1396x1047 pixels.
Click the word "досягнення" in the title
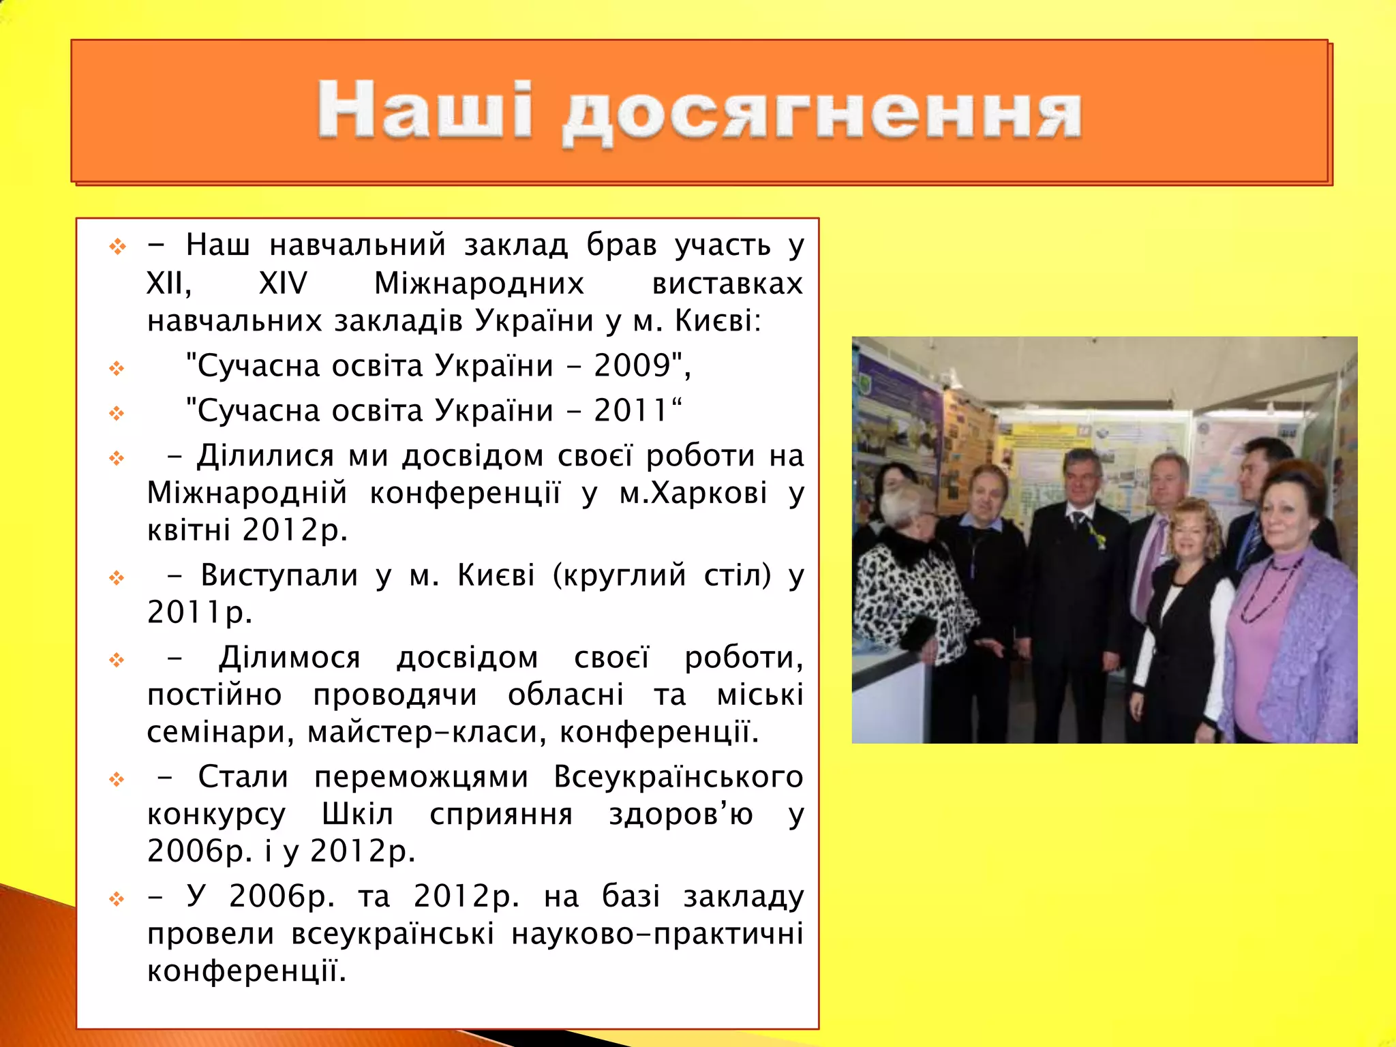(821, 115)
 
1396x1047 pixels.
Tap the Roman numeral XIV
(283, 283)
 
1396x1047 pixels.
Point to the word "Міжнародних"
(479, 283)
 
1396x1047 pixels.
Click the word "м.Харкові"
(693, 493)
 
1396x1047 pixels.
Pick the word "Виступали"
(279, 575)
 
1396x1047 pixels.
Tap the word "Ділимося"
(290, 658)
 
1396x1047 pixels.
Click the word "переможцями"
(421, 777)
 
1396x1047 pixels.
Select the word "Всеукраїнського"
(678, 777)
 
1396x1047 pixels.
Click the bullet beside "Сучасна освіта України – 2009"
(117, 369)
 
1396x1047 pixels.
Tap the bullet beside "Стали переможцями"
(117, 779)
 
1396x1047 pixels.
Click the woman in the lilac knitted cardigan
(1288, 613)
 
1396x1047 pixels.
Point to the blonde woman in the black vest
(1186, 613)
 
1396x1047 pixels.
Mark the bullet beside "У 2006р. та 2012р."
(117, 899)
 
